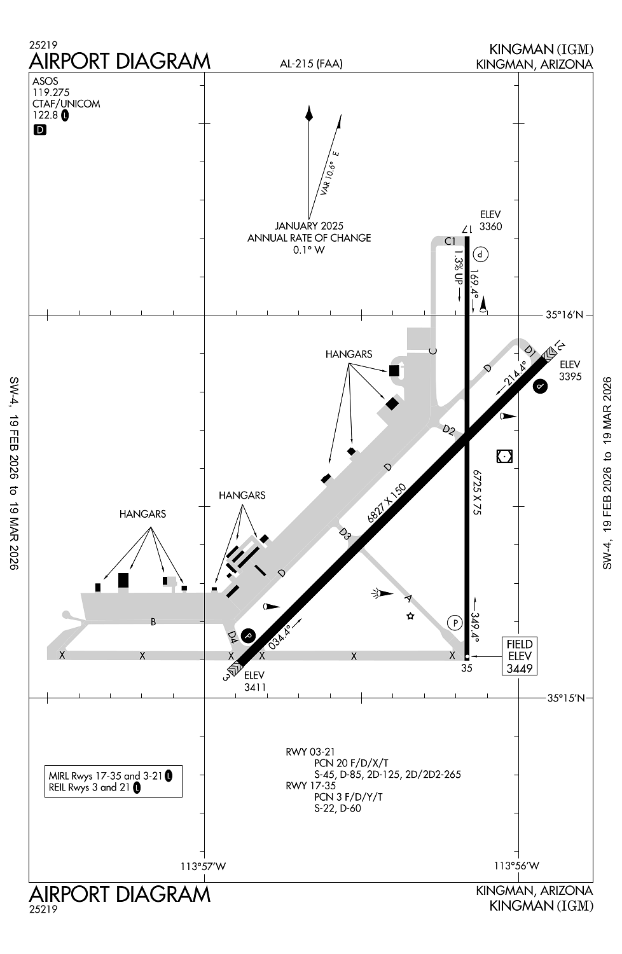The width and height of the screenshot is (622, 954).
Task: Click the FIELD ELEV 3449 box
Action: [x=519, y=656]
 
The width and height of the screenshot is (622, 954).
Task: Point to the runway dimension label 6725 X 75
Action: [x=476, y=492]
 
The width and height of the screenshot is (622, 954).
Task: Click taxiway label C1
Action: [x=450, y=241]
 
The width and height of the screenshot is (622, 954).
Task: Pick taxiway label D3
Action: [x=345, y=534]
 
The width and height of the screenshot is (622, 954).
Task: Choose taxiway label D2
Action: [x=448, y=431]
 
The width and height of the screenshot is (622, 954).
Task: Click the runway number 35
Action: [x=467, y=668]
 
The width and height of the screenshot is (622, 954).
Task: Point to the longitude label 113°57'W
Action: [x=204, y=866]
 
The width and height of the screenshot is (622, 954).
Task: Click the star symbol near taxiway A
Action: [x=411, y=616]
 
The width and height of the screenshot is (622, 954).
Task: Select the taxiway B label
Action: [x=153, y=622]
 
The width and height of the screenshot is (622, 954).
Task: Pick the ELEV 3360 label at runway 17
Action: [x=490, y=220]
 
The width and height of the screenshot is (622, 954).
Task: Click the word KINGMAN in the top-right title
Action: [x=520, y=50]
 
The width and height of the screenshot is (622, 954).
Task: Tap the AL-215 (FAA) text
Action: [x=311, y=63]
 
